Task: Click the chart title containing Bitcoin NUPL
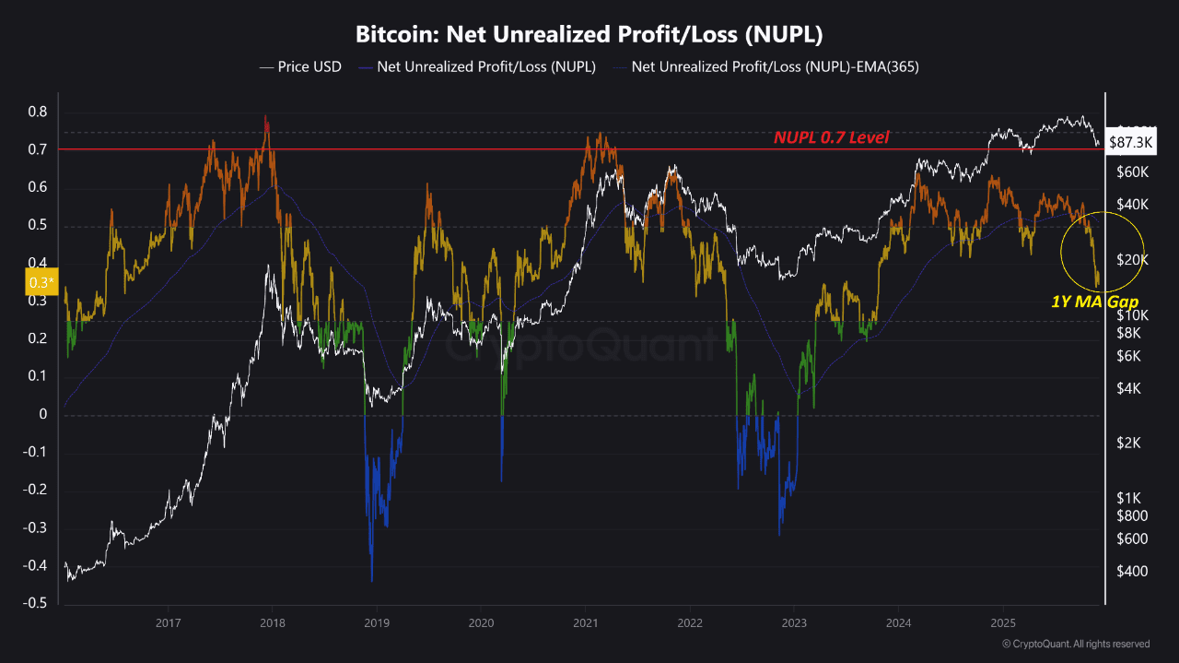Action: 589,35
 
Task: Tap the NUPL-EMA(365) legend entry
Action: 775,66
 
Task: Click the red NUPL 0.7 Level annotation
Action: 831,137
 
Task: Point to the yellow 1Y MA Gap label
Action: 1094,302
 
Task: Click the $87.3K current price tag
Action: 1132,143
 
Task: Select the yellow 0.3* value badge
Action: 40,282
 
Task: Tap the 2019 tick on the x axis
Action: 377,624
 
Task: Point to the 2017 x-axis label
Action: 167,624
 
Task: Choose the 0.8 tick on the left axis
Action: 37,112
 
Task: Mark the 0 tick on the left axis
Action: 42,414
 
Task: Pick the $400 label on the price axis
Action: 1131,572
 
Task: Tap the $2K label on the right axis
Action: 1128,443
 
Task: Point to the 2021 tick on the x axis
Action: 586,624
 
